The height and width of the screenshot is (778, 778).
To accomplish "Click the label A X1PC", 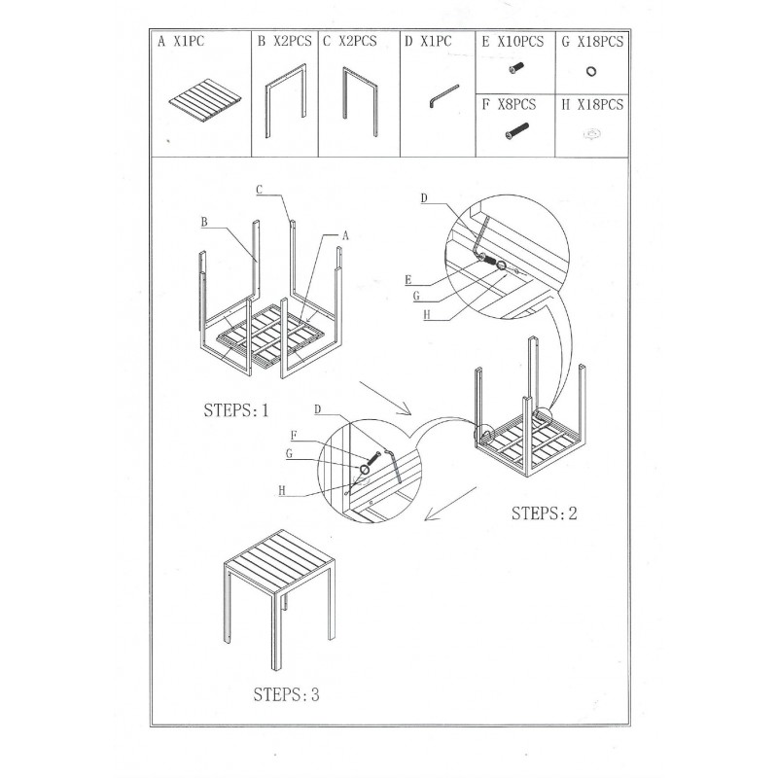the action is click(x=181, y=41).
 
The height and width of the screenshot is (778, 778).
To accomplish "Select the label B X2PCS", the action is click(x=284, y=41).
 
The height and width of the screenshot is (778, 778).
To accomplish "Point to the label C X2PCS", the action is click(x=350, y=41).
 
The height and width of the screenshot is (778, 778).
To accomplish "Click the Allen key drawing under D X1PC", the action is click(x=443, y=95).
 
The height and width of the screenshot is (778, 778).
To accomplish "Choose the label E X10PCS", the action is click(x=513, y=42).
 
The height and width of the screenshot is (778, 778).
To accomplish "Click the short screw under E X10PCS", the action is click(x=516, y=68).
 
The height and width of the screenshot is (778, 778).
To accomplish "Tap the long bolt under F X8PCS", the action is click(x=516, y=131).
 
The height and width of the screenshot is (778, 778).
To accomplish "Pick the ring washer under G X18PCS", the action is click(x=590, y=71).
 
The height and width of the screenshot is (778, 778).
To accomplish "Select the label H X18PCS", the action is click(x=592, y=105).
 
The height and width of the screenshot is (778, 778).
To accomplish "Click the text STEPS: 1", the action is click(x=236, y=410).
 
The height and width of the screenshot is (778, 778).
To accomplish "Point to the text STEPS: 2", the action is click(x=545, y=513).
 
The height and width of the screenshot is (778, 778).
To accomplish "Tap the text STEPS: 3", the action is click(x=286, y=694).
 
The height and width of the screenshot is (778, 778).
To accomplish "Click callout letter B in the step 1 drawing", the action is click(x=204, y=222).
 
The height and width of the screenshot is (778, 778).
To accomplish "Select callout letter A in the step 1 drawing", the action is click(x=345, y=235).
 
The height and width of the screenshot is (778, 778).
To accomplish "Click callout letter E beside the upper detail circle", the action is click(x=408, y=280).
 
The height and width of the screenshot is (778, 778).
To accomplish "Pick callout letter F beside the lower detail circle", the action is click(x=294, y=436).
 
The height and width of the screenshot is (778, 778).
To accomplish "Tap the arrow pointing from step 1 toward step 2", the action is click(x=385, y=399).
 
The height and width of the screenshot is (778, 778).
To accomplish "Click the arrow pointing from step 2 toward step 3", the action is click(x=450, y=504).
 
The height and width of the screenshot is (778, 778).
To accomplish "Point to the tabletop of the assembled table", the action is click(x=280, y=561).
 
